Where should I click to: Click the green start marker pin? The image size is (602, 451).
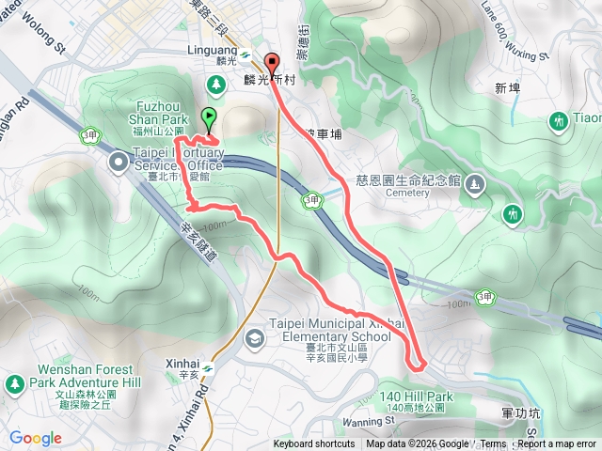[208, 118]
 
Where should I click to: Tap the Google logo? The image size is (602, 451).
[36, 438]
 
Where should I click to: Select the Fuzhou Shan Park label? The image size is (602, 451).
[163, 121]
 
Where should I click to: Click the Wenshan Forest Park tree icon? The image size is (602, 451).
[15, 383]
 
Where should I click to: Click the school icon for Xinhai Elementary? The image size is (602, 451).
[254, 337]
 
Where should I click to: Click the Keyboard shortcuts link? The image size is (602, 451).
[314, 444]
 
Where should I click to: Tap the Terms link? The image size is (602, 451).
[494, 444]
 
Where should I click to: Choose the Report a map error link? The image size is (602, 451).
[558, 444]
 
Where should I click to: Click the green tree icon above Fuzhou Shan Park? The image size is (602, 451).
[216, 86]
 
